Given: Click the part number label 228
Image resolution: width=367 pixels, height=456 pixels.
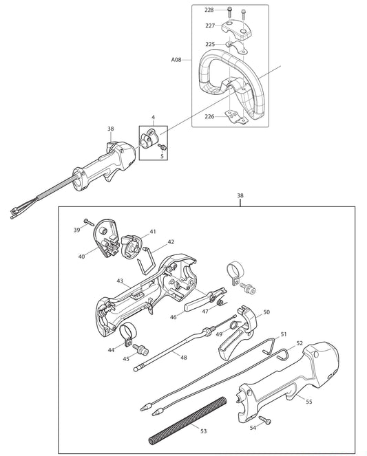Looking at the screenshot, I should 209,10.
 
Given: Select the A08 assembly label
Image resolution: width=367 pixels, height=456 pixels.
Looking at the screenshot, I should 176,61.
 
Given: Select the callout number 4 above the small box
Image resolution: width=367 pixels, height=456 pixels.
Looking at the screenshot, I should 153,118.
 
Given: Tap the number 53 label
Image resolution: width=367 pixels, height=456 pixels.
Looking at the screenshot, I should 203,431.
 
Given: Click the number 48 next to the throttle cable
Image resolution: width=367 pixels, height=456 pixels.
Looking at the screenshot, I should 182,357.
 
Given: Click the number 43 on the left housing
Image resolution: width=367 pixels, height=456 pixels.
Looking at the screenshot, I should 120,281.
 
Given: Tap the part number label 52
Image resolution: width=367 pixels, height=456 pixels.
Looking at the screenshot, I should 300,342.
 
